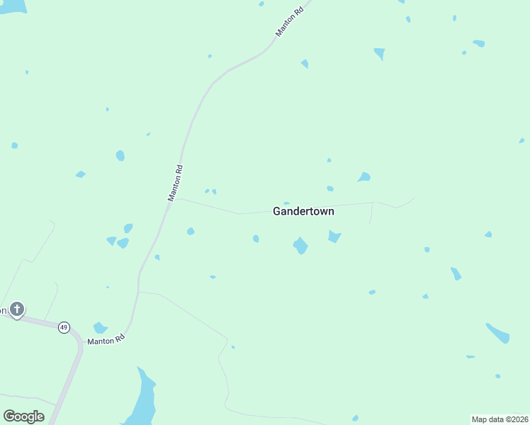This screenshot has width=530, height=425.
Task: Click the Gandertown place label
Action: click(303, 211)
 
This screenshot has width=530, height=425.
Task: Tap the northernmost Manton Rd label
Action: click(290, 23)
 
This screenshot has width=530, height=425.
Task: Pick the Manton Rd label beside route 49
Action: click(106, 340)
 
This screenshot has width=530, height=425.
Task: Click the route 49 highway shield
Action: click(64, 327)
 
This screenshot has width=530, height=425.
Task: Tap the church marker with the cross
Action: click(17, 310)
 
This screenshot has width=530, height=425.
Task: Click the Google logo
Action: click(23, 416)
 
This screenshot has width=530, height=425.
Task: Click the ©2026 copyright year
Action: click(515, 419)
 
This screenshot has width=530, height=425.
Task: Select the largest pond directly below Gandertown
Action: click(300, 246)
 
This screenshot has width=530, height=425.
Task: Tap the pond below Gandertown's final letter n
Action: click(334, 236)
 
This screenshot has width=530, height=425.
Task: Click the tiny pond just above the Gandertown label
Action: click(286, 203)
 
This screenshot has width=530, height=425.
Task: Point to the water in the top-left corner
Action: click(12, 6)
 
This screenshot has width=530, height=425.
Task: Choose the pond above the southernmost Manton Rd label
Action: click(100, 327)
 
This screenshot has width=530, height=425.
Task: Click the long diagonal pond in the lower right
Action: click(498, 332)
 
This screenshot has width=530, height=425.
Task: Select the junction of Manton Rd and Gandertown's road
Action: click(176, 199)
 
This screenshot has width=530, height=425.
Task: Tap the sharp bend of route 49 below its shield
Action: click(79, 348)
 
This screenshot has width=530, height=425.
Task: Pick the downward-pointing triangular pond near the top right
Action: click(380, 53)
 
